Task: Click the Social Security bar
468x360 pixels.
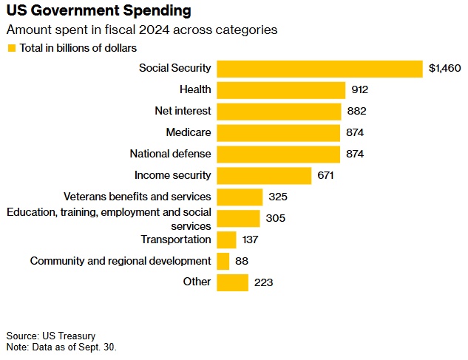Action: [320, 69]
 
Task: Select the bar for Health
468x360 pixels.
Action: [282, 90]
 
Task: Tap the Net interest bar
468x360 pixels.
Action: [279, 112]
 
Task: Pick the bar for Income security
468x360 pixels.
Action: [265, 176]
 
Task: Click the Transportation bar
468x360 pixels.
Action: [227, 240]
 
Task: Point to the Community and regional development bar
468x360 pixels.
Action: [223, 261]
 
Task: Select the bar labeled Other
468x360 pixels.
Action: [233, 282]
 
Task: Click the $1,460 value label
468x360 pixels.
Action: [444, 69]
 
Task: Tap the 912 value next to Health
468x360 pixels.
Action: [359, 90]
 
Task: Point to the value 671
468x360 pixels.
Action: [326, 176]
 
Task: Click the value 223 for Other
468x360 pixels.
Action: [264, 282]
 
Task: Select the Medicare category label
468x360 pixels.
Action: [189, 133]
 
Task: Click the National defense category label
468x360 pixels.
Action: [170, 154]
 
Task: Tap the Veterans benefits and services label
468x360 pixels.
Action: [138, 197]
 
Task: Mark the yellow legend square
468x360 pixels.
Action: [11, 48]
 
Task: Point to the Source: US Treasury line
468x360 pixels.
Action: [50, 336]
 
